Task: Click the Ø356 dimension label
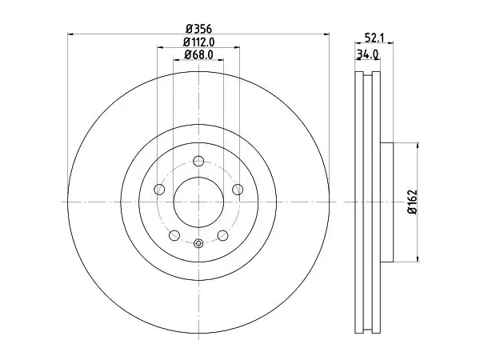198,30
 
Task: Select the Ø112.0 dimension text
198,42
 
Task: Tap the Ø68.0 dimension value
198,54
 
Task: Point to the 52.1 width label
374,38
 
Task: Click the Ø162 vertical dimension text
413,202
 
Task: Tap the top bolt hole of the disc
198,161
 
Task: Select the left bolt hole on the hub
159,189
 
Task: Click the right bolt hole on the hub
238,189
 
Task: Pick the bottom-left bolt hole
174,235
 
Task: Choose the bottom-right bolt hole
223,235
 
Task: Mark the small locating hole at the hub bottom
198,244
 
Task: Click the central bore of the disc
198,202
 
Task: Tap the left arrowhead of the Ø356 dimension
70,34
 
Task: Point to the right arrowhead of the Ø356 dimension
326,34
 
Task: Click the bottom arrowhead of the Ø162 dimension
418,258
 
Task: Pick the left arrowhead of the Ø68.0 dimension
177,60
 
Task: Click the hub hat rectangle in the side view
386,202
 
